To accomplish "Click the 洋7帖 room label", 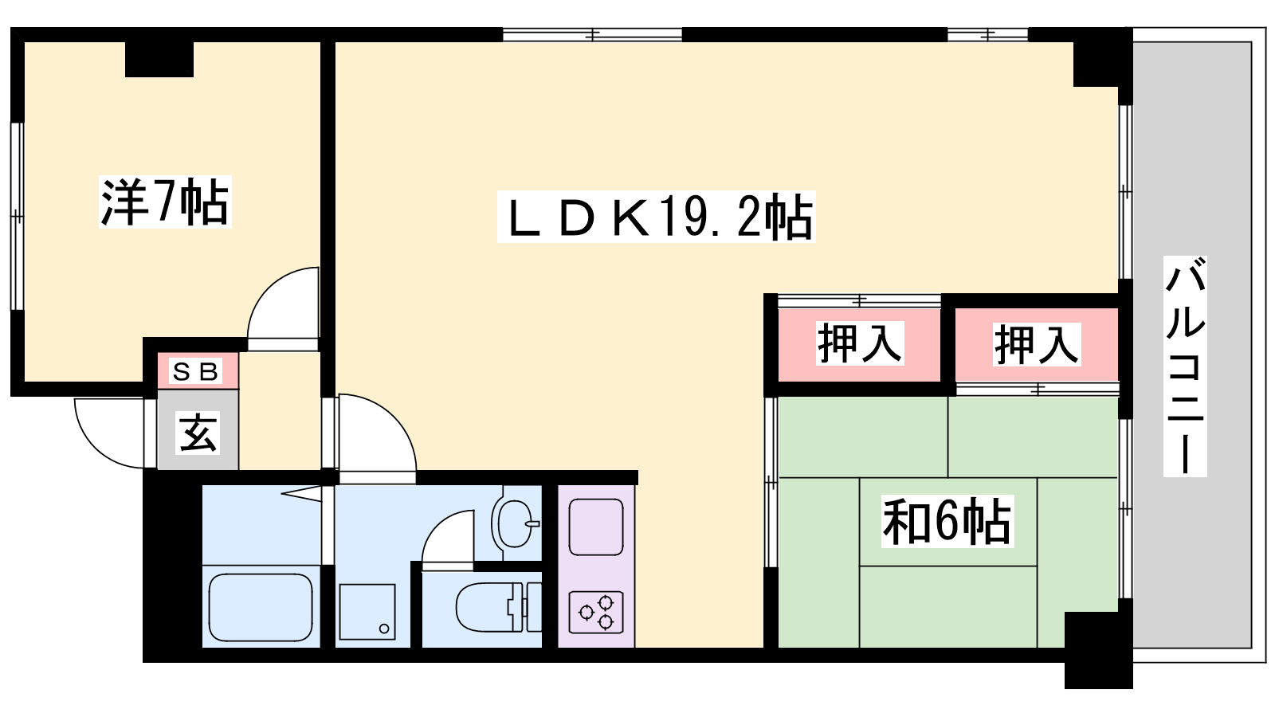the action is point(165,202).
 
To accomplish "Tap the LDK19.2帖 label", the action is point(657,217).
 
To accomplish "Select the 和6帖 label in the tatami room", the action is point(947,521).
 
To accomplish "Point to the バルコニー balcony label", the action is point(1185,366).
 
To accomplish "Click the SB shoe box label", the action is point(196,371).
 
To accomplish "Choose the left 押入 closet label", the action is point(860,343).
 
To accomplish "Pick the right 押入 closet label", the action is point(1037,344).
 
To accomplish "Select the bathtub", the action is point(261,607).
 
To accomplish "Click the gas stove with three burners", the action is point(596,613).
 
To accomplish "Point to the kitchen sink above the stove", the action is point(596,527).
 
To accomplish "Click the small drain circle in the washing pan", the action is point(384,629).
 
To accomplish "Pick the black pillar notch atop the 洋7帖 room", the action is point(159,59).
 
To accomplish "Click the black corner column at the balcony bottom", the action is point(1099,650).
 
